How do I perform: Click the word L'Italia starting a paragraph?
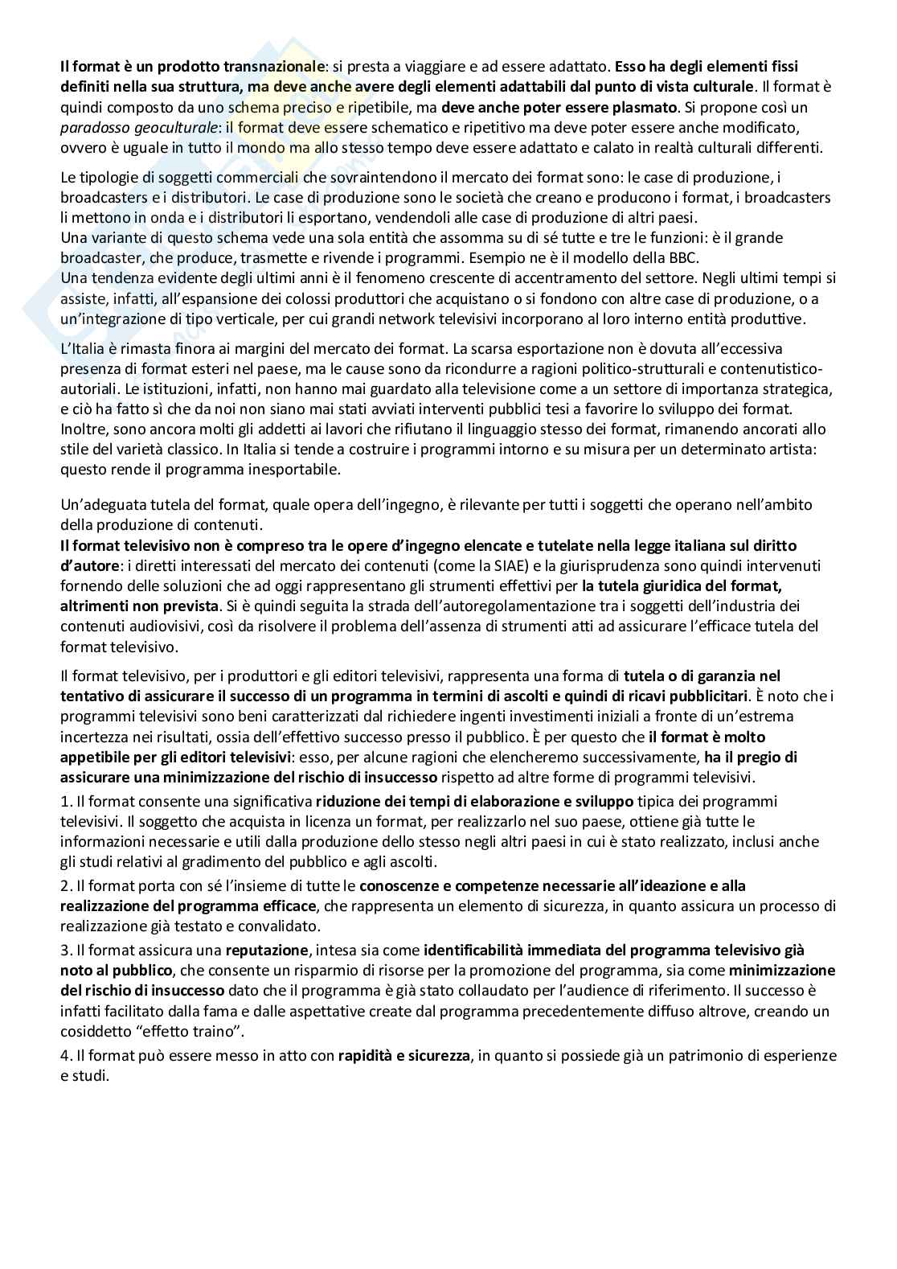pos(83,348)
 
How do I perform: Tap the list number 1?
pos(65,801)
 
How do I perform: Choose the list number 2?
pos(65,885)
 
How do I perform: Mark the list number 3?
pos(65,950)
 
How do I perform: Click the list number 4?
pos(65,1054)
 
